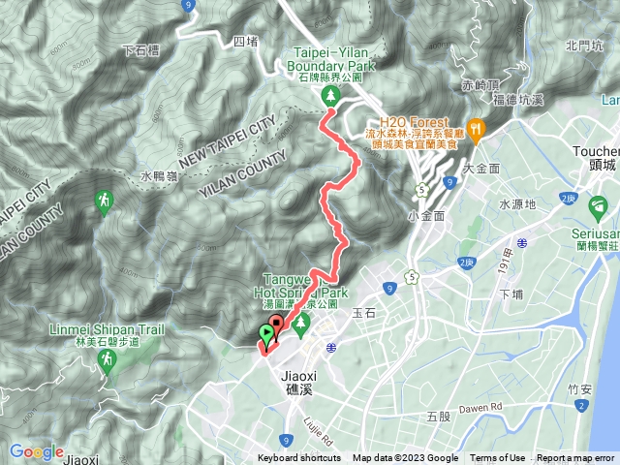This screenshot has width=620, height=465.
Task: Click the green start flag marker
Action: point(266,335)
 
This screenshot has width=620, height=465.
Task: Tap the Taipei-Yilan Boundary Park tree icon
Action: point(331,95)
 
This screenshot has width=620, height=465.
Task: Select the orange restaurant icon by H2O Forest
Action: point(475,127)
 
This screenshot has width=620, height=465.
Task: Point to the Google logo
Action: point(36,451)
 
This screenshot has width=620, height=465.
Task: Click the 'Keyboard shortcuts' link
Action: point(299,458)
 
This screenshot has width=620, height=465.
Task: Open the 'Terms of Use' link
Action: point(497,458)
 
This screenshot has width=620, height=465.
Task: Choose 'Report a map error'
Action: point(576,458)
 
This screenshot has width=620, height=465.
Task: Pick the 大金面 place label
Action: point(480,168)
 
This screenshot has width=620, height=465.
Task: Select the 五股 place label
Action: point(438,416)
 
